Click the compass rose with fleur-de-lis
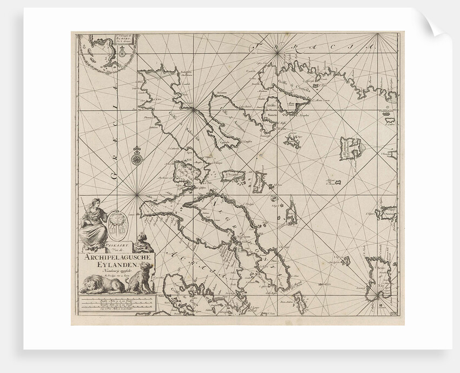tap(137, 158)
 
